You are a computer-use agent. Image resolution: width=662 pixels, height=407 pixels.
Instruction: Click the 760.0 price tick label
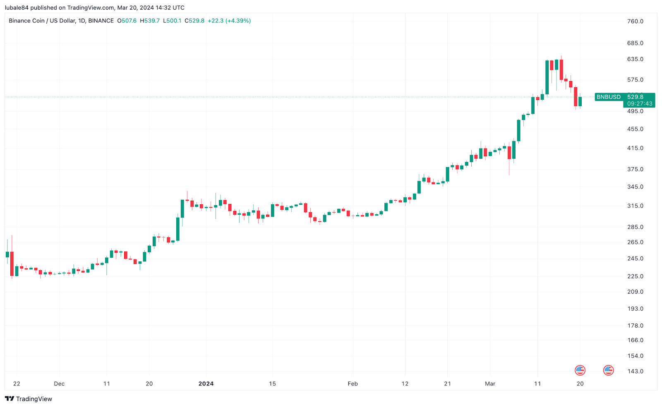tap(635, 21)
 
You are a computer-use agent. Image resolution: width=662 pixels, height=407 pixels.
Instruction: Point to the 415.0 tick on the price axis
tap(635, 148)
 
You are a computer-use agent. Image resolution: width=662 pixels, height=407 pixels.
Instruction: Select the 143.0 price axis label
tap(635, 371)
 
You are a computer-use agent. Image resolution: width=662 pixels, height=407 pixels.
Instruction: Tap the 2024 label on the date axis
tap(206, 383)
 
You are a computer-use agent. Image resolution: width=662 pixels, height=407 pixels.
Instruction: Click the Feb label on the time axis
tap(353, 383)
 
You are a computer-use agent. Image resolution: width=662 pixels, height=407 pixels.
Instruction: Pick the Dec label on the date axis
tap(59, 383)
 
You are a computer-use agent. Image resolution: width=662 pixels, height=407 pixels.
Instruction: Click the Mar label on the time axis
tap(490, 383)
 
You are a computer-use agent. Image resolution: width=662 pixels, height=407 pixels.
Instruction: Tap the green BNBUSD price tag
tap(608, 97)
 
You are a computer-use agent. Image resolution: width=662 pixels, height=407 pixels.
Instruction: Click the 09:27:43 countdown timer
tap(640, 104)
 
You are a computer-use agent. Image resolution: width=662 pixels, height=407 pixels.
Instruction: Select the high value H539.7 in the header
tap(150, 21)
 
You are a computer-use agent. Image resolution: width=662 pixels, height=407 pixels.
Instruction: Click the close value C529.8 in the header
tap(194, 21)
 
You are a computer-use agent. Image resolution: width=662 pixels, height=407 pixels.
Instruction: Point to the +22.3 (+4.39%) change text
tap(229, 21)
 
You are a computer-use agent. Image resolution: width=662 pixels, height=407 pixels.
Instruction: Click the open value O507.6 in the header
tap(127, 21)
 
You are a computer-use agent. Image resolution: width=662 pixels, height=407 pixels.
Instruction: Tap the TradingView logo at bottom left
tap(29, 399)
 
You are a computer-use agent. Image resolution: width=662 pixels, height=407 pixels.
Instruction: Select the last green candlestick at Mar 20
tap(580, 101)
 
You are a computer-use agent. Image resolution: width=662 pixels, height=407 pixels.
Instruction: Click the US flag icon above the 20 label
tap(580, 370)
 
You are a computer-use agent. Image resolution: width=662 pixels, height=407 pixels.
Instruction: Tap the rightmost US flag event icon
tap(608, 370)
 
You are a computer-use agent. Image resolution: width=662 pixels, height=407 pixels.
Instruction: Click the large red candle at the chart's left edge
tap(12, 263)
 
